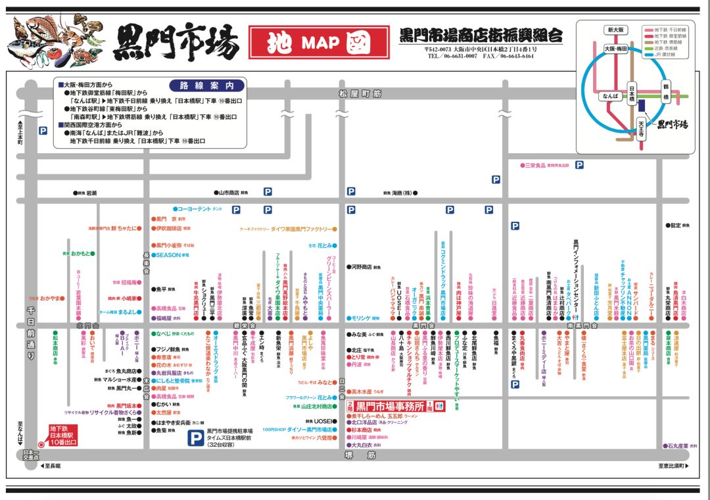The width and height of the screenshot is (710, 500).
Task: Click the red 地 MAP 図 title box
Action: point(319,42)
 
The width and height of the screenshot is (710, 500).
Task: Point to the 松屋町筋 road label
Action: point(360,94)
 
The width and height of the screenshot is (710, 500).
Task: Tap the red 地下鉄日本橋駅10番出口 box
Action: point(63,436)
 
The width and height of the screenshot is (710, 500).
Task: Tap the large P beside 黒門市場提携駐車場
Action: point(195,438)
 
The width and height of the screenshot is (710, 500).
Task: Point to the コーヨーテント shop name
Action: point(191,209)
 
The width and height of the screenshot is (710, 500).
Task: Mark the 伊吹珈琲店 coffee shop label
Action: point(168,229)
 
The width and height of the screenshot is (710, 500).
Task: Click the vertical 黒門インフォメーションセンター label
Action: point(575,276)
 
